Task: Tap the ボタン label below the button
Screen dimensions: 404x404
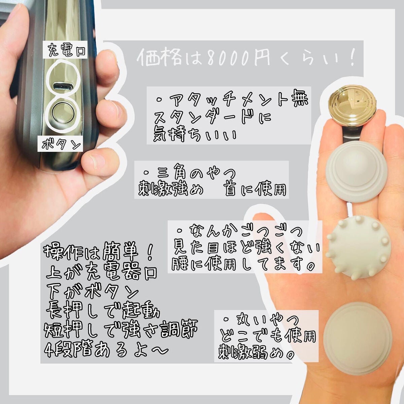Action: coord(61,145)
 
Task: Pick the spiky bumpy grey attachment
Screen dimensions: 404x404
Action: coord(359,246)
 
